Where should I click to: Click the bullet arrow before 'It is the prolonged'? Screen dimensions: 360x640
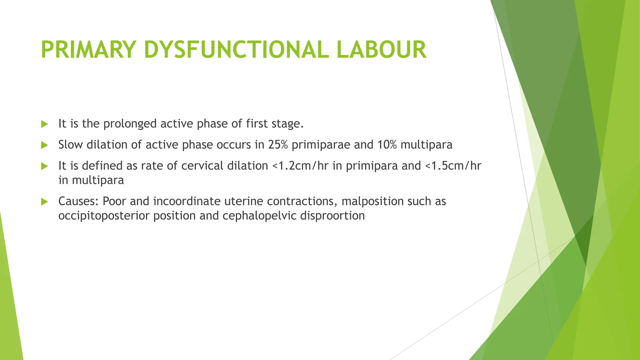pos(45,124)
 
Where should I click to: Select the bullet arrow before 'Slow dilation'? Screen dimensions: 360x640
pos(45,145)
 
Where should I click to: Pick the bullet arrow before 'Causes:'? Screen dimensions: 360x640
pos(45,202)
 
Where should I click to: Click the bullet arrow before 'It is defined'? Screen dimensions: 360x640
pos(45,166)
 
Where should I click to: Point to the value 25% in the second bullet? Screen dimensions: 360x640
pos(277,145)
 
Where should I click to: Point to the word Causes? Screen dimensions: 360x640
pos(78,201)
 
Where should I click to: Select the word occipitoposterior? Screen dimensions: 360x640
pos(104,216)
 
